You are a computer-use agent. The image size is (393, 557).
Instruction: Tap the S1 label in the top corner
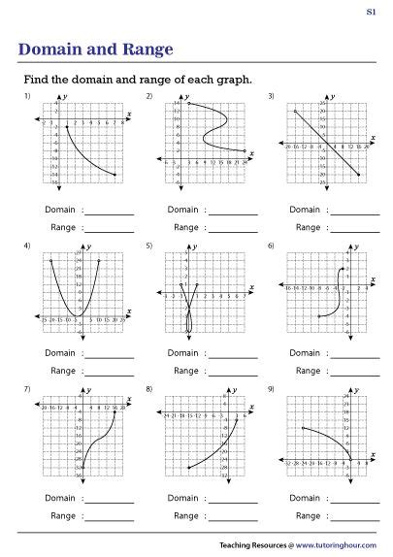(372, 12)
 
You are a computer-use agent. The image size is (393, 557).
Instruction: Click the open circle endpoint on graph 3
(294, 113)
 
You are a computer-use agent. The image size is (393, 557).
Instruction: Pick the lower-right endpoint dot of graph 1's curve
(115, 175)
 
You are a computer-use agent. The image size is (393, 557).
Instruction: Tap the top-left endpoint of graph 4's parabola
(50, 262)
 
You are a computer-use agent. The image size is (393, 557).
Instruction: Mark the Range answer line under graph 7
(111, 517)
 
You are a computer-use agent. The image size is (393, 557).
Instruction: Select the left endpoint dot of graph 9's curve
(304, 428)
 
